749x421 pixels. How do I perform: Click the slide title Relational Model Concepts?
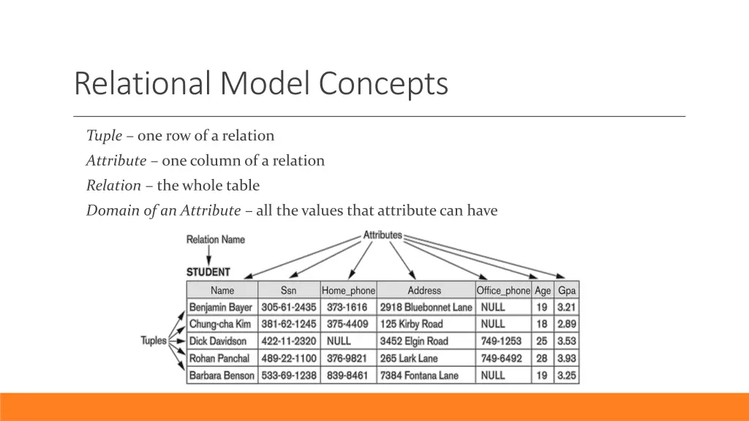tap(260, 83)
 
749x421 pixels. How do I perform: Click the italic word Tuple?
tap(104, 136)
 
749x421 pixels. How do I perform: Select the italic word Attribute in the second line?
tap(116, 161)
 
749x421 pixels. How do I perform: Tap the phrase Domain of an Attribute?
tap(163, 211)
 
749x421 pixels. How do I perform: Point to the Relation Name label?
tap(216, 239)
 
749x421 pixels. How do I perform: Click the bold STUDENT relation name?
tap(208, 272)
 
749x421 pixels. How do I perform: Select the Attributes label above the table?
tap(383, 235)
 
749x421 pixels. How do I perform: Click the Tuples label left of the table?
tap(154, 341)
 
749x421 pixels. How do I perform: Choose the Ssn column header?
tap(288, 290)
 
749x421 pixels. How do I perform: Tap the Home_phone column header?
tap(348, 290)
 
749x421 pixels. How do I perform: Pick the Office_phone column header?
tap(503, 290)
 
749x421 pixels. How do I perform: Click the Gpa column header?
tap(567, 290)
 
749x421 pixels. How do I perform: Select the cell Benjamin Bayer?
tap(221, 308)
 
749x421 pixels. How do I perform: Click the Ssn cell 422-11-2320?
tap(288, 341)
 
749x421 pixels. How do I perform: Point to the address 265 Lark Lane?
tap(410, 359)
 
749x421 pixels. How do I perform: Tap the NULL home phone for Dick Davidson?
tap(339, 341)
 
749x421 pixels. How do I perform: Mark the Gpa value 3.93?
tap(567, 359)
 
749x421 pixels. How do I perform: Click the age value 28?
tap(541, 359)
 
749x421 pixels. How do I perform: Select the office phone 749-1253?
tap(501, 341)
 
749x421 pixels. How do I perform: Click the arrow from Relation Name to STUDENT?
tap(210, 255)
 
